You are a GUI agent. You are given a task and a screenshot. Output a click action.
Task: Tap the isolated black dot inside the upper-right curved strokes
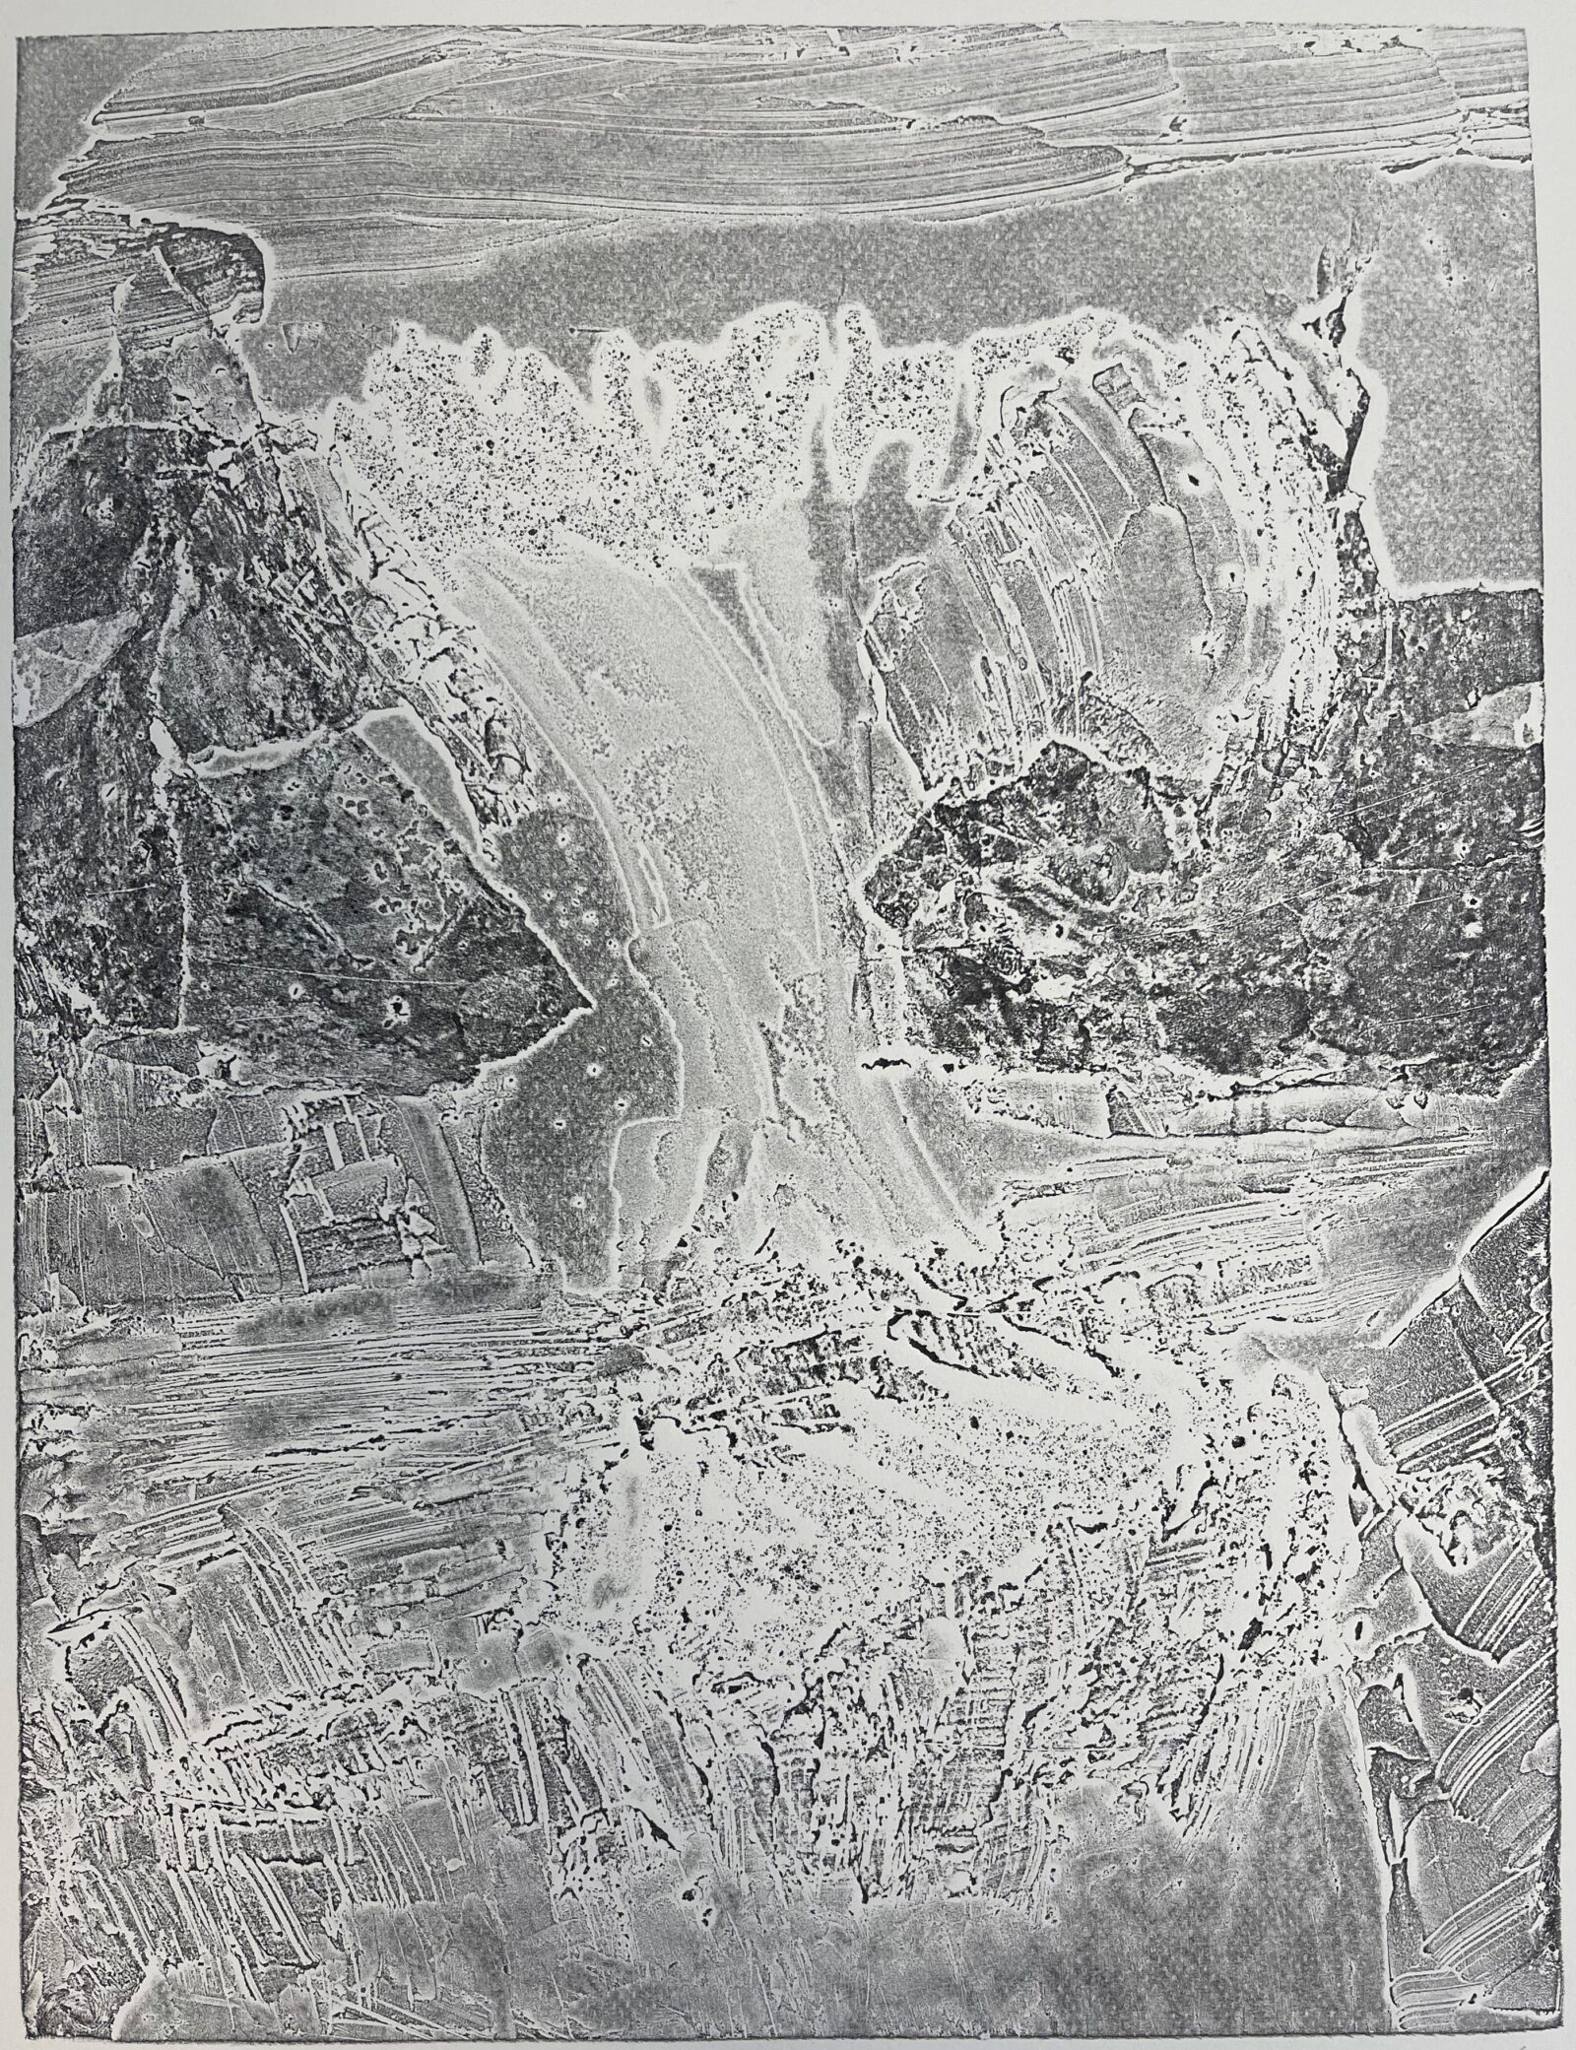click(x=1195, y=482)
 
